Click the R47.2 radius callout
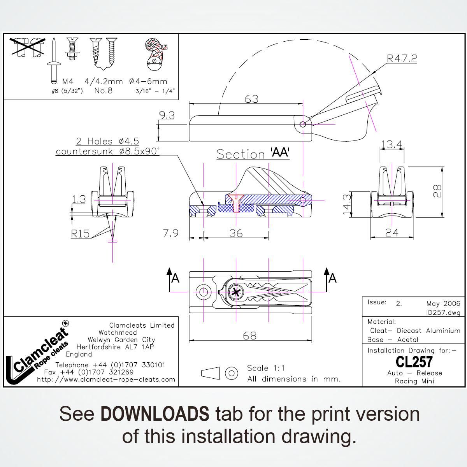tap(402, 59)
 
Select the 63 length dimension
tap(251, 99)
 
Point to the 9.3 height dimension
tap(167, 116)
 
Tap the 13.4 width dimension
tap(391, 145)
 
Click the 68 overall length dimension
tap(249, 335)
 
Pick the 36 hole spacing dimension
tap(236, 233)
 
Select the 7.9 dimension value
tap(170, 233)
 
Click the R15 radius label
tap(80, 233)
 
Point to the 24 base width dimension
tap(392, 232)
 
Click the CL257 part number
tap(414, 362)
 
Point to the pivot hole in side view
tap(303, 124)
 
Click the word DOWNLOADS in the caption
tap(154, 414)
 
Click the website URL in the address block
tap(106, 379)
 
